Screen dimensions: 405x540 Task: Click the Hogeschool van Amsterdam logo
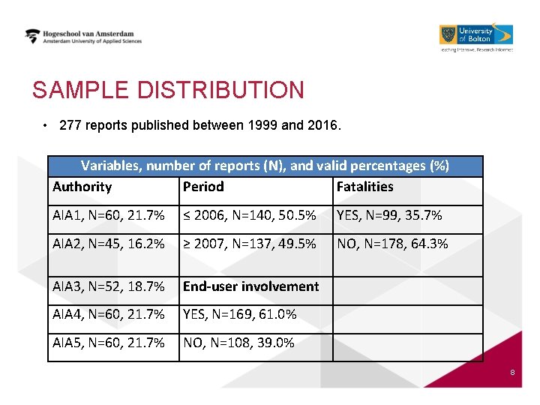(x=83, y=37)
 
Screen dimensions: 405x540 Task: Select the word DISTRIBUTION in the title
(x=220, y=91)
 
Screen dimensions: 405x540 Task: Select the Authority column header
(x=82, y=187)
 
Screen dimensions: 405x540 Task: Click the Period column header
(x=203, y=187)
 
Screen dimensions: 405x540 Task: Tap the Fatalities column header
(x=364, y=187)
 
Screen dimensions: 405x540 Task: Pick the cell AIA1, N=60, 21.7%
(x=109, y=215)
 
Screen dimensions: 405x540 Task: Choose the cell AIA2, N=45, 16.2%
(x=109, y=244)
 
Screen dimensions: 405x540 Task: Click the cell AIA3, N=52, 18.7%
(x=109, y=286)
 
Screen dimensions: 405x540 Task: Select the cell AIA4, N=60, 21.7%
(x=109, y=314)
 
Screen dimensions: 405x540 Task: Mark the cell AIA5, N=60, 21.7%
(x=109, y=343)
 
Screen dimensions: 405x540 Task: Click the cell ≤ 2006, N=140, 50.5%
(x=250, y=215)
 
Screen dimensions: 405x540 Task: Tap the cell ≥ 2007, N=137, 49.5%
(x=250, y=244)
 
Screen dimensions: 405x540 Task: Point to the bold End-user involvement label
(x=251, y=286)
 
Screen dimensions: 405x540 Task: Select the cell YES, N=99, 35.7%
(x=389, y=215)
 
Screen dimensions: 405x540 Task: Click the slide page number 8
(x=511, y=373)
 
